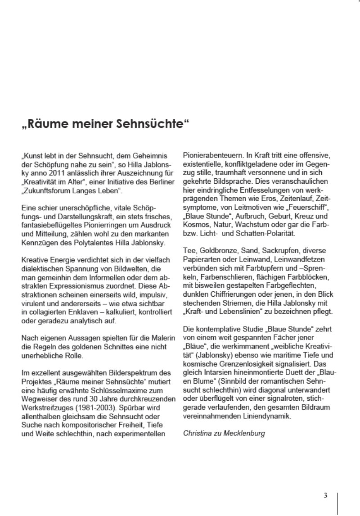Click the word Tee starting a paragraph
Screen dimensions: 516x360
pyautogui.click(x=189, y=249)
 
